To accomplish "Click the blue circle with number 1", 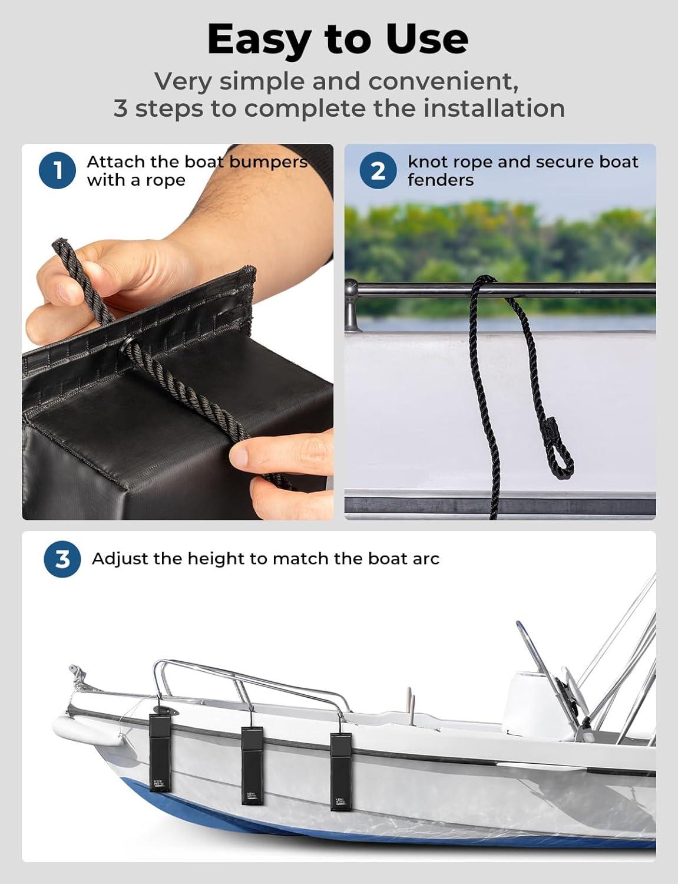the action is [57, 170].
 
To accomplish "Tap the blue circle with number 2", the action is [378, 170].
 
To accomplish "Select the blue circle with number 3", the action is [62, 559].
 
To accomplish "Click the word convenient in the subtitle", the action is [444, 81].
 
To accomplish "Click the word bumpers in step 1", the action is [268, 163].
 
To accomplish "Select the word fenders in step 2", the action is [441, 180].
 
